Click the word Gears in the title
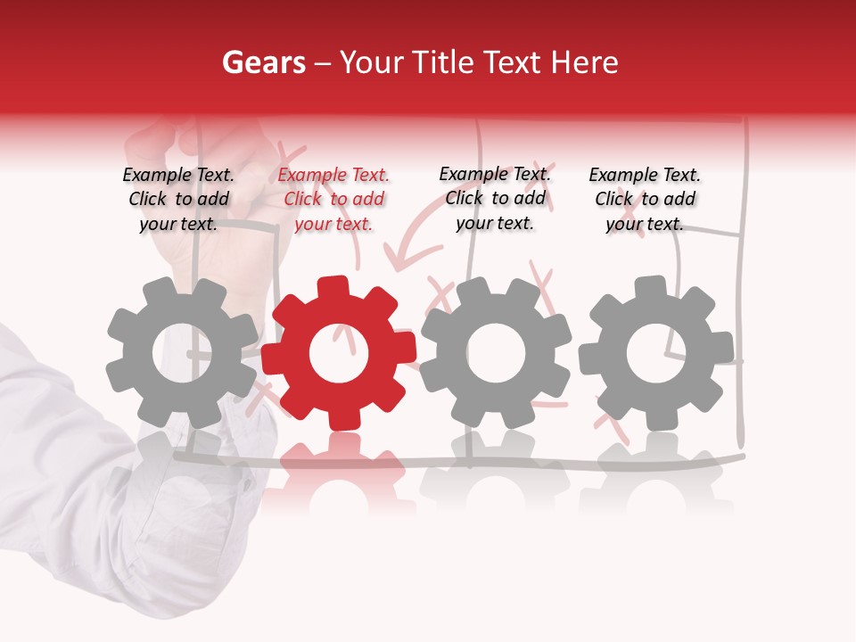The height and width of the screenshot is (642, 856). (263, 62)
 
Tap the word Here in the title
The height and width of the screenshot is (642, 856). (584, 62)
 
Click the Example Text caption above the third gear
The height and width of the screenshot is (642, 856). (495, 198)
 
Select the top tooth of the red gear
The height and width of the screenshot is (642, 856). (332, 288)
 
